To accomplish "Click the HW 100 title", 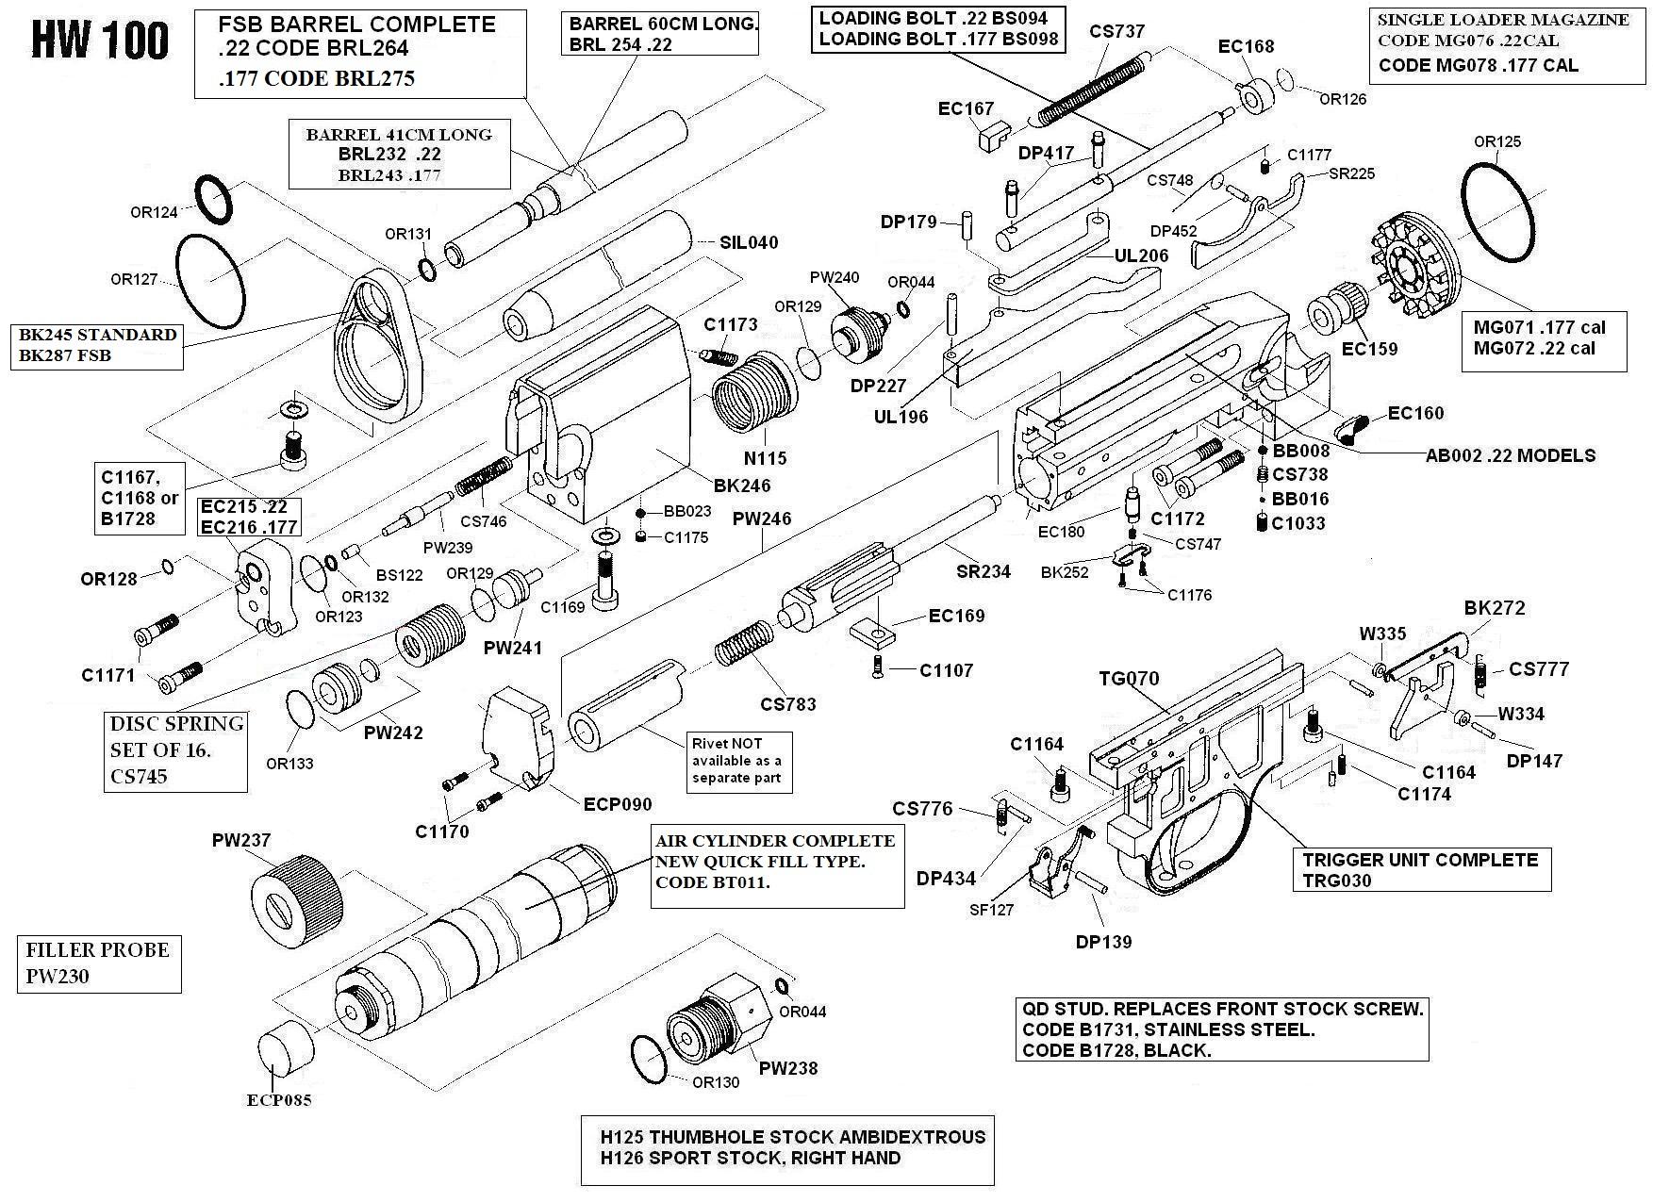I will [x=100, y=41].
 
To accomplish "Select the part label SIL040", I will [x=749, y=242].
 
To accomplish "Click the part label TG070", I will [x=1129, y=679].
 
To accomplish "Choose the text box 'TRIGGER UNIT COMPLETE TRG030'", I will [x=1420, y=870].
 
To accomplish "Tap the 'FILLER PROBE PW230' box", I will [x=98, y=963].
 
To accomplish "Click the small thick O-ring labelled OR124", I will [x=214, y=200].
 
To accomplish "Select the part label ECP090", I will [x=618, y=804].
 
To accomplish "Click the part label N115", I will [x=765, y=458].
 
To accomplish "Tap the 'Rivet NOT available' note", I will [x=737, y=761].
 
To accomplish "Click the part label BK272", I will [x=1495, y=608].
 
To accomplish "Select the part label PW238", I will [x=788, y=1068].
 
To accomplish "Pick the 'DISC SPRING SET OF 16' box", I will [x=177, y=750].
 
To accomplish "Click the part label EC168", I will [x=1246, y=46].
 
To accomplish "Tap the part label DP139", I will [x=1103, y=941].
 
